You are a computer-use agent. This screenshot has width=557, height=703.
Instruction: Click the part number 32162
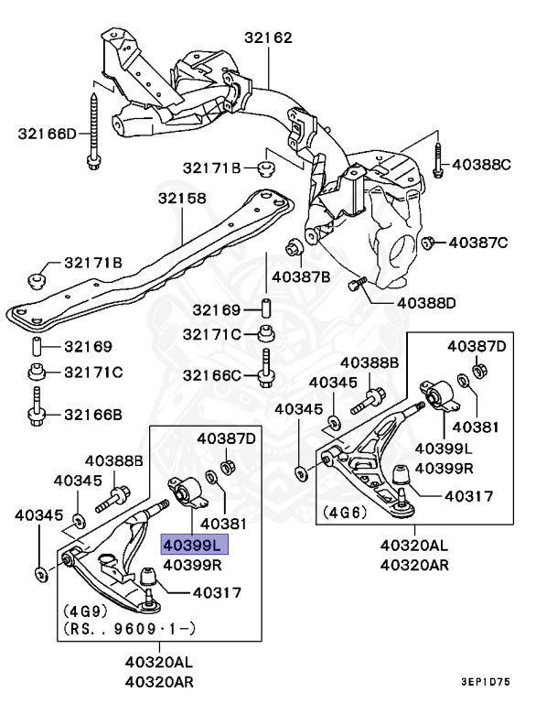pyautogui.click(x=268, y=38)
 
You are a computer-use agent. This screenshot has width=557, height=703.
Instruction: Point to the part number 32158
pyautogui.click(x=181, y=198)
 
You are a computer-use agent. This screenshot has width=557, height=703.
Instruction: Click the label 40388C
pyautogui.click(x=495, y=165)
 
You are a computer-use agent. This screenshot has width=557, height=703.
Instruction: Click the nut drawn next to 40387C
pyautogui.click(x=427, y=242)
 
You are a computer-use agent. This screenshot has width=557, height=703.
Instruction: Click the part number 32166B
pyautogui.click(x=92, y=415)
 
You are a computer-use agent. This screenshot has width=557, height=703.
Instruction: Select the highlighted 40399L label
pyautogui.click(x=193, y=545)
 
